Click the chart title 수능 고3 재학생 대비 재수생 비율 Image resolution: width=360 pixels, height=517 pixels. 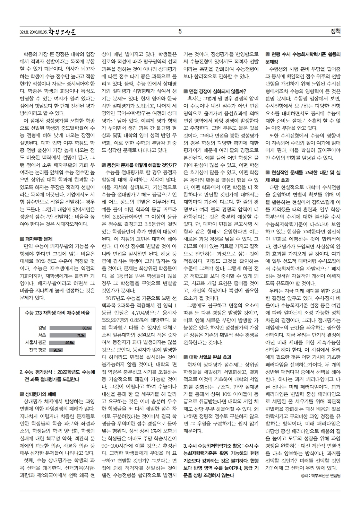click(57, 313)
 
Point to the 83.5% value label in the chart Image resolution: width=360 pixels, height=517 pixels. click(87, 328)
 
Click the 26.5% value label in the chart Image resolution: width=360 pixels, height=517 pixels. click(58, 350)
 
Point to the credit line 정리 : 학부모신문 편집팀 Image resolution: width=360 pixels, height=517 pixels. click(321, 476)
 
